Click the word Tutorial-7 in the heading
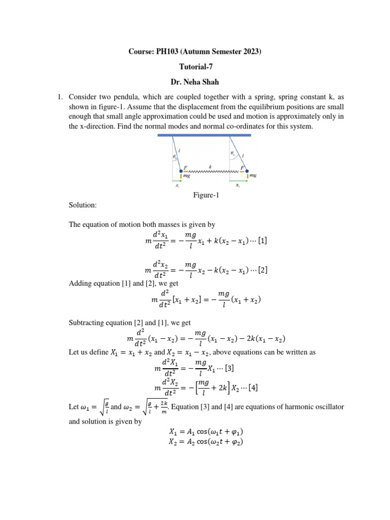(195, 67)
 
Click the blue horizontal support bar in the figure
(205, 135)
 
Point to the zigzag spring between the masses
(213, 172)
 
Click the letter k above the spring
(210, 166)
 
